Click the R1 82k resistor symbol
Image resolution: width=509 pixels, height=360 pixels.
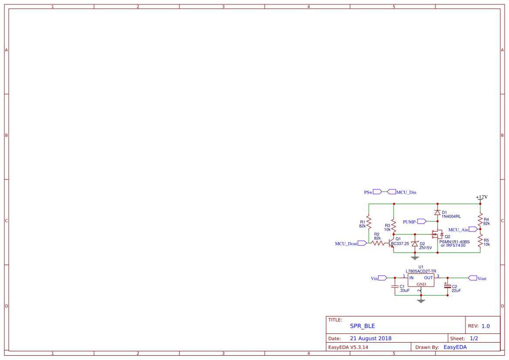pos(368,223)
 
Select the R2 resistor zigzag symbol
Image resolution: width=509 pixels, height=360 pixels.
pos(378,244)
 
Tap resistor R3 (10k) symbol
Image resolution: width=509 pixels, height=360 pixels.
pos(394,225)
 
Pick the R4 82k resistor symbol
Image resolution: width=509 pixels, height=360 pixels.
pos(480,219)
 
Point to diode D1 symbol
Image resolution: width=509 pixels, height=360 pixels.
pos(438,212)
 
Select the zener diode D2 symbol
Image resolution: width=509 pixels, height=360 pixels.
pos(415,244)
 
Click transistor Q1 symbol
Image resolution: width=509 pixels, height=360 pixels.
pos(391,243)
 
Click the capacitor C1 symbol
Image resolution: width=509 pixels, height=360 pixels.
pos(394,287)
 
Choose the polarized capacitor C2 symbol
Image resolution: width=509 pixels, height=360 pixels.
pos(448,286)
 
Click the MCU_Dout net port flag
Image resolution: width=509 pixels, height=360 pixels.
pos(362,244)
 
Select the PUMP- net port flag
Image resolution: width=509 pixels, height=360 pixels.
pos(421,222)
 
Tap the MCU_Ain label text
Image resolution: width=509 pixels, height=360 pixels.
pos(458,229)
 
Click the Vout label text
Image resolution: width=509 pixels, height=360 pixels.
pos(482,279)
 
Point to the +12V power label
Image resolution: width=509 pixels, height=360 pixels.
pos(482,197)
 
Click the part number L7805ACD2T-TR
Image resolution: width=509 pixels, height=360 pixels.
pos(421,271)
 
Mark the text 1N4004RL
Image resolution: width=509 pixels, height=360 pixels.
pos(451,216)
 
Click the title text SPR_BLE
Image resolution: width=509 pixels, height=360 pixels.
pos(362,326)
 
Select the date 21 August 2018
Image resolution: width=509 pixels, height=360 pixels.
pos(371,338)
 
